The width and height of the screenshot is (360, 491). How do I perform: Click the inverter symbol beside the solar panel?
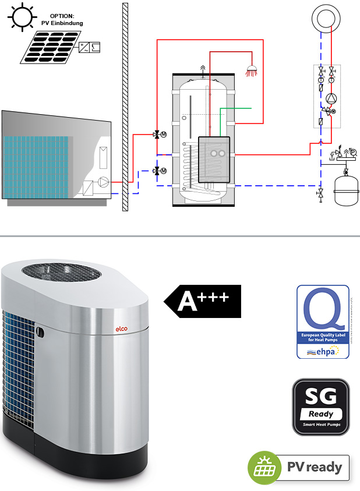89,46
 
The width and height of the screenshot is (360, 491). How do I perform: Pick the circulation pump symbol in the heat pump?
103,182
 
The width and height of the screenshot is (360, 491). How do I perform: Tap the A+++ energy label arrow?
202,301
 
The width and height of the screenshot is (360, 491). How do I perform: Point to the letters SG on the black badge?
321,398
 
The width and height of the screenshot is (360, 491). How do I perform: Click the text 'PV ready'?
317,467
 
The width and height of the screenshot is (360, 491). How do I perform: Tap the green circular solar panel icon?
262,467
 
